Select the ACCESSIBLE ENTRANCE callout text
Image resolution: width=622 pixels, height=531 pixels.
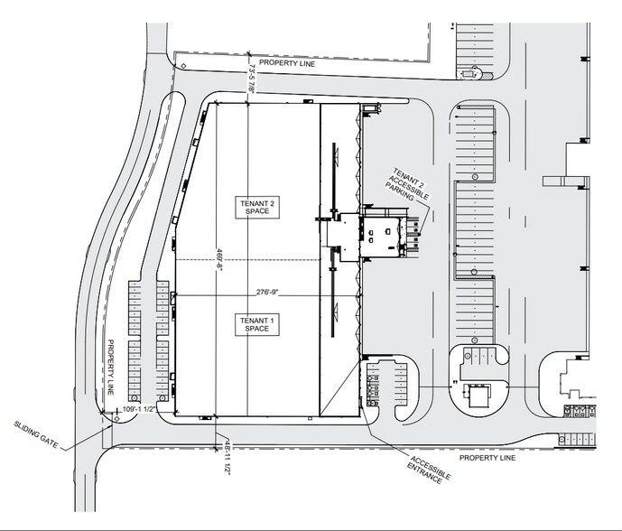point(426,467)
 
